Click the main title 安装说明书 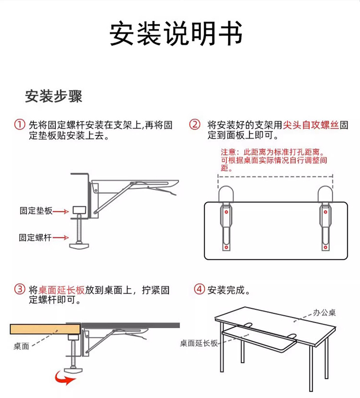click(x=176, y=33)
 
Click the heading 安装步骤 click(x=53, y=97)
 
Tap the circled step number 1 click(x=20, y=124)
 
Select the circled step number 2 click(x=195, y=124)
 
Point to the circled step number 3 click(x=20, y=289)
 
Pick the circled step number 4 click(x=199, y=289)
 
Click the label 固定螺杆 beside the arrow click(x=36, y=238)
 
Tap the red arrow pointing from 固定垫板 click(x=61, y=211)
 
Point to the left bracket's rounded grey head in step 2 click(x=226, y=195)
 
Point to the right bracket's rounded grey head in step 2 click(x=325, y=195)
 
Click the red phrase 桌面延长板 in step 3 click(x=62, y=290)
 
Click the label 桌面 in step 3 click(x=21, y=346)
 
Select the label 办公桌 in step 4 click(x=324, y=313)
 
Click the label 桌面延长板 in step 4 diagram click(x=199, y=343)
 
